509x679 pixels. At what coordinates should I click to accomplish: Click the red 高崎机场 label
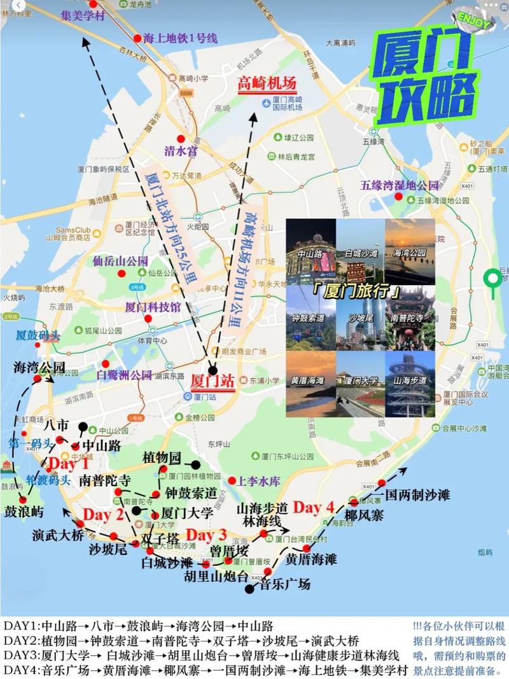(x=267, y=83)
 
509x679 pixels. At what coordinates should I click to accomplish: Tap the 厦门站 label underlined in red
(x=213, y=381)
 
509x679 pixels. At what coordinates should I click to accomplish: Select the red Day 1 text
(x=69, y=463)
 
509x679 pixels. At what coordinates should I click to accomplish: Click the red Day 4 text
(x=313, y=507)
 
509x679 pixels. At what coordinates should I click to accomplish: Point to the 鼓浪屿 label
(x=24, y=512)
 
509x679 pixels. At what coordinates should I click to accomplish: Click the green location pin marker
(x=492, y=280)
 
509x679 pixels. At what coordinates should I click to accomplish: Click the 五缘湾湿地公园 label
(x=400, y=186)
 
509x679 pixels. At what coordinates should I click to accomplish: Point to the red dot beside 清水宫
(x=181, y=139)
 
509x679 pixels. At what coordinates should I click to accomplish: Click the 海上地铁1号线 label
(x=180, y=38)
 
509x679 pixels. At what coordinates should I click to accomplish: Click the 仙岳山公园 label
(x=120, y=261)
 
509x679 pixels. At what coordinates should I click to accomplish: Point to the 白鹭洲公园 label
(x=124, y=375)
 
